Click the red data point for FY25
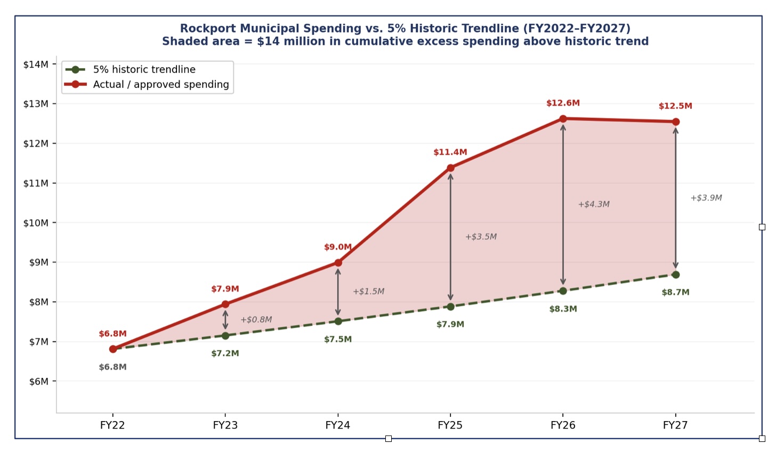coord(450,168)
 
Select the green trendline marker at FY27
coord(675,275)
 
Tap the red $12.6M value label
coord(563,103)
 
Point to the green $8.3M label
coord(563,309)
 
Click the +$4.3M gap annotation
coord(594,204)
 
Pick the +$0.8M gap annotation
coord(256,320)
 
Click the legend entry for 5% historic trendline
coord(144,70)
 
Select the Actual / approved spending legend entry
coord(160,85)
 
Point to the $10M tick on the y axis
coord(36,223)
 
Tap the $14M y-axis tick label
coord(36,64)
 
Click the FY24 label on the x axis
coord(337,425)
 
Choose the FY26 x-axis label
coord(563,425)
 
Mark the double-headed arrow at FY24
coord(338,292)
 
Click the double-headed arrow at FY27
coord(675,198)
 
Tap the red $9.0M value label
coord(338,247)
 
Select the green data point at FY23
coord(225,336)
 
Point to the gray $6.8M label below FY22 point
coord(112,367)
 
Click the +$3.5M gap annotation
coord(481,237)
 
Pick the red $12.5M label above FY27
coord(675,106)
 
